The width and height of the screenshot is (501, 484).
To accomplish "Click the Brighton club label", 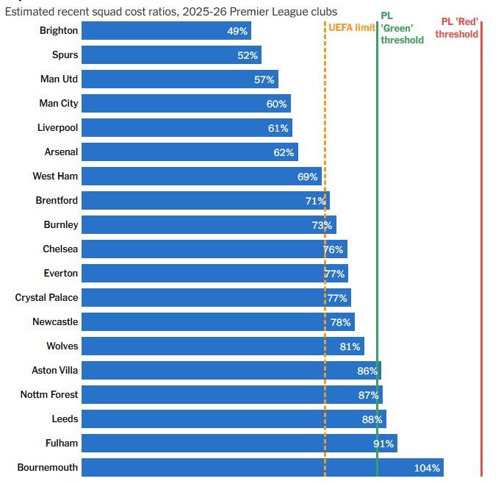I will (58, 31).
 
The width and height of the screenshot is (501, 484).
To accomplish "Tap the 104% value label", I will (427, 468).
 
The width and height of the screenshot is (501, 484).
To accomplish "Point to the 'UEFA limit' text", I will (352, 27).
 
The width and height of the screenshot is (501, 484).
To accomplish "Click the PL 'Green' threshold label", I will (402, 28).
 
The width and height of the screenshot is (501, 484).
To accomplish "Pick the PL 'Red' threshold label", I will (457, 28).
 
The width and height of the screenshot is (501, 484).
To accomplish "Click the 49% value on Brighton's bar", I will (237, 31).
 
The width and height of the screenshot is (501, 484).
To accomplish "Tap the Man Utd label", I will (59, 79).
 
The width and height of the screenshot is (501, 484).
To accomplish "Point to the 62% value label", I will (284, 152).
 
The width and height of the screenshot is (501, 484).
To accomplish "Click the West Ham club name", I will (55, 177).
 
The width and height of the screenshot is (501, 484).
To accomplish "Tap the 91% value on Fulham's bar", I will (383, 444).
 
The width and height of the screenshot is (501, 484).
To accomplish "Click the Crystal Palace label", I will (46, 298).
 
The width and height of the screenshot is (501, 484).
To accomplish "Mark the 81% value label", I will (350, 346).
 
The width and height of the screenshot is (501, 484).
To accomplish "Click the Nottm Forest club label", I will (48, 395).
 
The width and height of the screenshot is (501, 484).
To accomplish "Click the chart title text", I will (171, 12).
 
